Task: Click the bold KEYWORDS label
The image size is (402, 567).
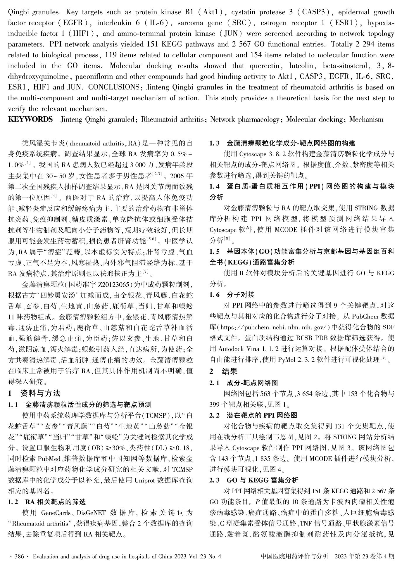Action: coord(30,119)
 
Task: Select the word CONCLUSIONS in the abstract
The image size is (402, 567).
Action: coord(113,87)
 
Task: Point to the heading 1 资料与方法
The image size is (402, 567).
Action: coord(34,393)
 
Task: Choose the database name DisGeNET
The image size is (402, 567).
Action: coord(92,513)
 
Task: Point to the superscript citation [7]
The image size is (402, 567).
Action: coord(146,272)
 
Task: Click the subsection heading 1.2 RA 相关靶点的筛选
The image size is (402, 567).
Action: coord(47,502)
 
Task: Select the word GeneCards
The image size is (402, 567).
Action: coord(56,513)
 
